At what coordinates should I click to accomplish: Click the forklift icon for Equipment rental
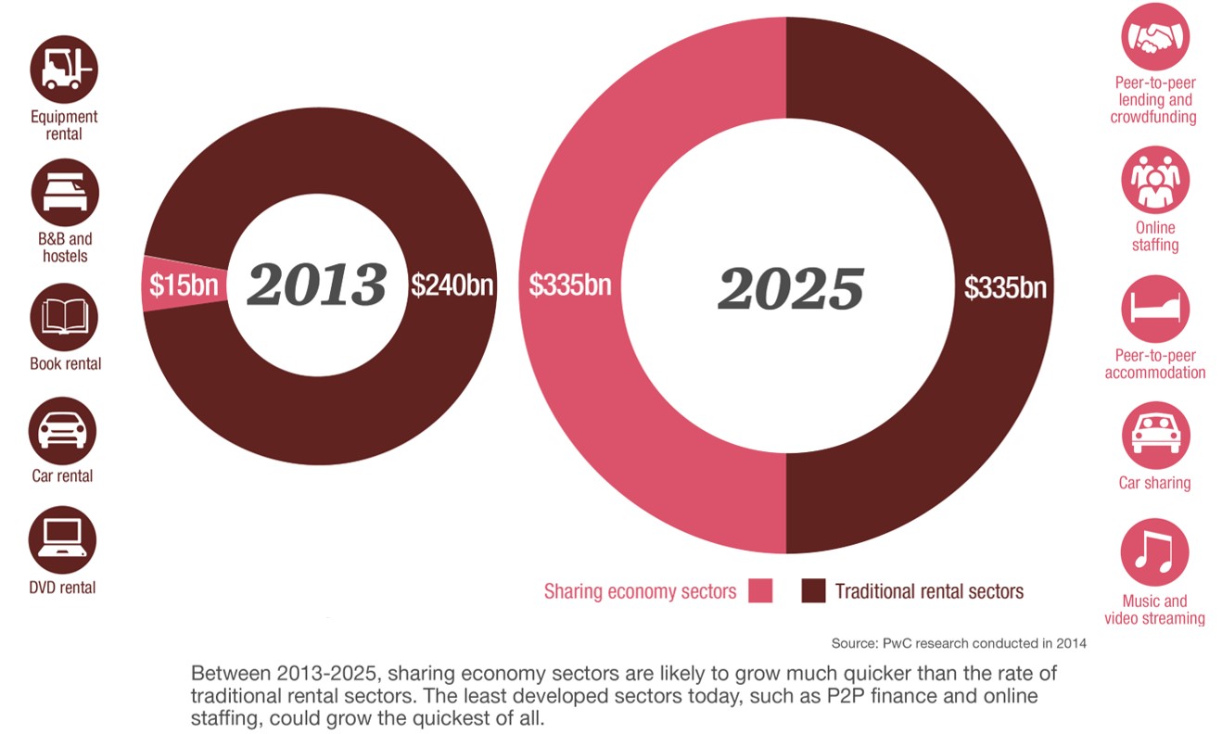pyautogui.click(x=64, y=69)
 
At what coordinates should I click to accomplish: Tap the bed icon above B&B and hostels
pyautogui.click(x=64, y=192)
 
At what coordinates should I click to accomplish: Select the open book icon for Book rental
pyautogui.click(x=64, y=316)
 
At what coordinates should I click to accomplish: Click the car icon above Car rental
pyautogui.click(x=64, y=429)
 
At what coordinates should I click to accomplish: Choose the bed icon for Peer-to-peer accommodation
pyautogui.click(x=1155, y=309)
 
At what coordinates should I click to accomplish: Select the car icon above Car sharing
pyautogui.click(x=1155, y=435)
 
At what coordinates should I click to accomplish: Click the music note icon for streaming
pyautogui.click(x=1155, y=552)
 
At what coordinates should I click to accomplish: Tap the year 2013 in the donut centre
pyautogui.click(x=316, y=285)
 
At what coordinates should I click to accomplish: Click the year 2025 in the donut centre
pyautogui.click(x=790, y=288)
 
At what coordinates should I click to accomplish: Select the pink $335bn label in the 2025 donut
pyautogui.click(x=570, y=285)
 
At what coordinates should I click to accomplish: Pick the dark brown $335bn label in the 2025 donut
pyautogui.click(x=1005, y=287)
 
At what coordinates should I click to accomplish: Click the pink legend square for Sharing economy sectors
pyautogui.click(x=760, y=590)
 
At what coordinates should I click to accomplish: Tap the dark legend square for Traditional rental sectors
pyautogui.click(x=813, y=590)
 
